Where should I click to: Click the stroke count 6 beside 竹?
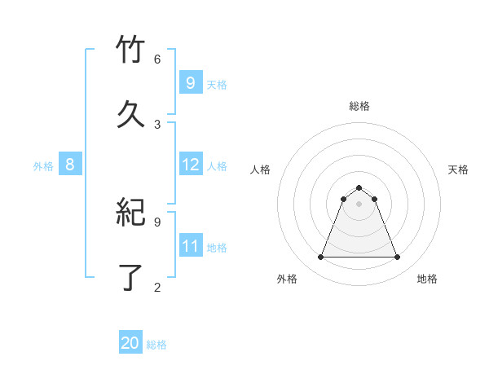[x=157, y=59]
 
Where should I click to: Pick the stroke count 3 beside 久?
[x=157, y=124]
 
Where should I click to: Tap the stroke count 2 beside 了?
[x=157, y=286]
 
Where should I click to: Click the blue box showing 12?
[x=191, y=165]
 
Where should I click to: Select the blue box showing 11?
[x=191, y=246]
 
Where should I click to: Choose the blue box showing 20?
[x=130, y=343]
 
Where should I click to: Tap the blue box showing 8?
[x=70, y=165]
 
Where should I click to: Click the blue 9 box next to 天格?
[x=191, y=82]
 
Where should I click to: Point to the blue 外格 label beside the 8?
[x=43, y=166]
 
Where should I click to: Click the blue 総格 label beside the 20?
[x=156, y=345]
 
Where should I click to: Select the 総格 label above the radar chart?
[x=359, y=106]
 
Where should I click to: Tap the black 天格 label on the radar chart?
[x=458, y=169]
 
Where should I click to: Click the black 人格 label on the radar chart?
[x=260, y=169]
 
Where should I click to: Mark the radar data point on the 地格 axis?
[x=397, y=258]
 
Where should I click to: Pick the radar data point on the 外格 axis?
[x=320, y=258]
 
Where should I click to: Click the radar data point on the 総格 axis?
[x=359, y=187]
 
